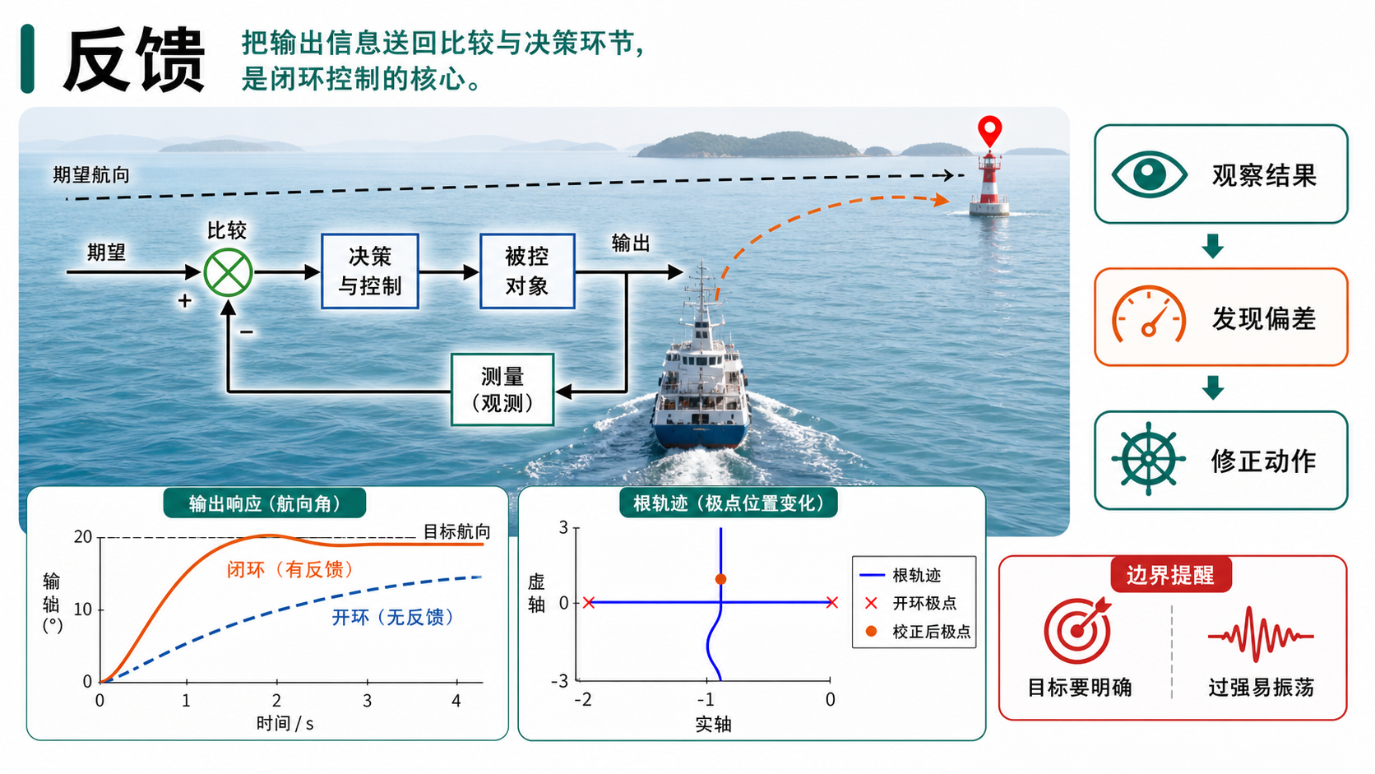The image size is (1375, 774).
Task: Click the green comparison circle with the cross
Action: [228, 272]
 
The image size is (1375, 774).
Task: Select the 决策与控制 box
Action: [370, 271]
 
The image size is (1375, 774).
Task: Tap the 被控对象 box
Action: [527, 271]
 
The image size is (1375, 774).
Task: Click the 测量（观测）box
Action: [502, 389]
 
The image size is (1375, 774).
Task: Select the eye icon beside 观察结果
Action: [1149, 174]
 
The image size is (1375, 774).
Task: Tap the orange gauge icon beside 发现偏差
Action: [1149, 314]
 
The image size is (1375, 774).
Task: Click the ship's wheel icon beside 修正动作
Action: [1148, 459]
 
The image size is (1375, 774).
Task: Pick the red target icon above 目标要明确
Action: [1078, 630]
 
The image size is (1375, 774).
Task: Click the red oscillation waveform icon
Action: [1261, 635]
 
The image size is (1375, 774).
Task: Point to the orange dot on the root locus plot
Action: [720, 579]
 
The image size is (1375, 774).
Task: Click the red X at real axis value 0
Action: [831, 602]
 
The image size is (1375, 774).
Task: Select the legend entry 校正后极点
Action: [919, 632]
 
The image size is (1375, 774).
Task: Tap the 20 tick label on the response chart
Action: [83, 537]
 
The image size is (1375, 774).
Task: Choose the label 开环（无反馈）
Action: [393, 617]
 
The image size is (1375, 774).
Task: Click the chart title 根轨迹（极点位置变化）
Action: [729, 503]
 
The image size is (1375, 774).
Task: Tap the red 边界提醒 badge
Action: [1170, 574]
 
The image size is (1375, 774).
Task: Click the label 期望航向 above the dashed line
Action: [90, 175]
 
